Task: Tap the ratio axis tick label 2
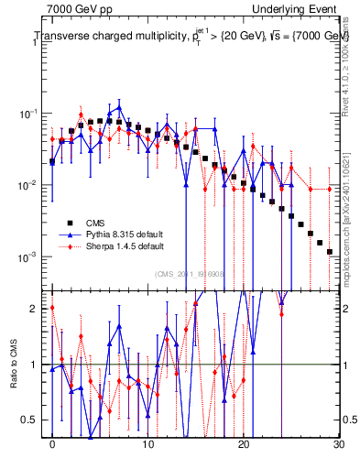coord(38,309)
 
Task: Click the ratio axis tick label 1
coord(38,365)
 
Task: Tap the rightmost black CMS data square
coord(329,251)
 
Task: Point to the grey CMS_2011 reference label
coord(189,273)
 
